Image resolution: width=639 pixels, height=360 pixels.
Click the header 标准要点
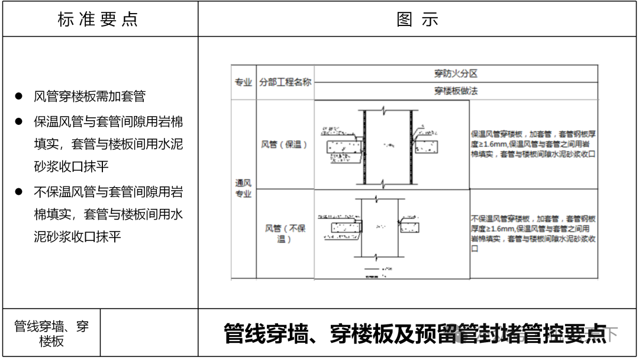coord(98,20)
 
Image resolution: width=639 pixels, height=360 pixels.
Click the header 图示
coord(418,20)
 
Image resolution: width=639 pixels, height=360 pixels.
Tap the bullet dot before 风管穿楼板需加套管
coord(19,97)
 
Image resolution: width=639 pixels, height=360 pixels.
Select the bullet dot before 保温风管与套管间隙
coord(19,121)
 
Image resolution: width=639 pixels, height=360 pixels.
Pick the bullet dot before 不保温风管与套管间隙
coord(19,191)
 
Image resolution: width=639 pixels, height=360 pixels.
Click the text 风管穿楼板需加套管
coord(89,97)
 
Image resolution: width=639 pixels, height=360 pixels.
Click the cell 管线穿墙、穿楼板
coord(51,333)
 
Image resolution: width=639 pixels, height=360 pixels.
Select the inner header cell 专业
coord(243,82)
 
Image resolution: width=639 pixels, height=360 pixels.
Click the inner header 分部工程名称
coord(285,82)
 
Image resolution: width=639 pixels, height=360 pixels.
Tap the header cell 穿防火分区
coord(456,74)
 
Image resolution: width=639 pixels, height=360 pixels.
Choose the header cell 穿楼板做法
coord(456,91)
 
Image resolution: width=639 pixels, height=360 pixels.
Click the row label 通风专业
coord(243,189)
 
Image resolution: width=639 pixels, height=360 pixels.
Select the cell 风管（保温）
coord(285,144)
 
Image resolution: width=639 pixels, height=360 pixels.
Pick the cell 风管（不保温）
coord(285,233)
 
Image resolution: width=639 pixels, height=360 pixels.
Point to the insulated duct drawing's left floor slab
coord(342,146)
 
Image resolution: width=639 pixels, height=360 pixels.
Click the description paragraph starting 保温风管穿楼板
coord(532,144)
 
